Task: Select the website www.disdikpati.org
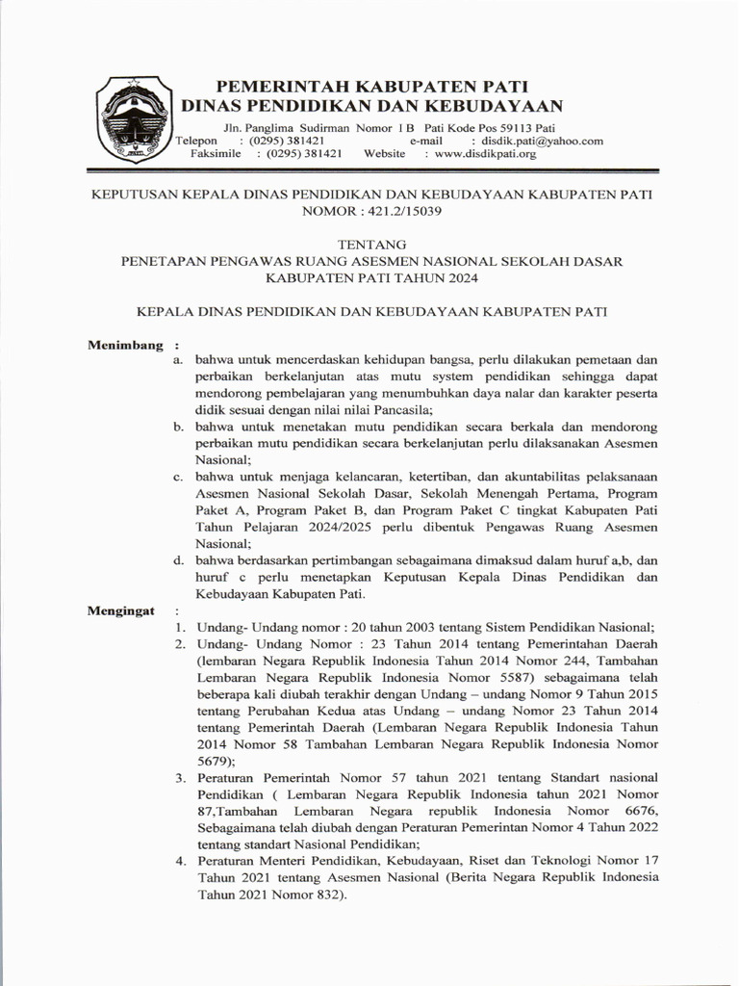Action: click(486, 153)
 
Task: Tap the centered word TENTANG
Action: click(370, 245)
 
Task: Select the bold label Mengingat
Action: click(122, 611)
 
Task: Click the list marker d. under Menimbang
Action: click(179, 560)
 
